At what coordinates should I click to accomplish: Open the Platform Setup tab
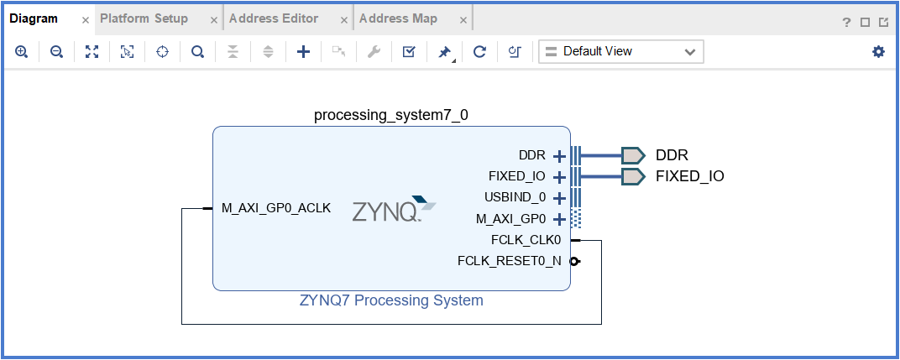click(144, 18)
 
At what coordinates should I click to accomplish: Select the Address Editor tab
click(273, 18)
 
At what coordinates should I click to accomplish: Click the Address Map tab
click(398, 18)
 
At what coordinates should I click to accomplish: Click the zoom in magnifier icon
click(22, 52)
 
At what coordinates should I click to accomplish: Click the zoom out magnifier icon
click(56, 52)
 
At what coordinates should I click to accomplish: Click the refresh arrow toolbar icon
click(479, 52)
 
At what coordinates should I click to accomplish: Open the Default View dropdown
click(620, 52)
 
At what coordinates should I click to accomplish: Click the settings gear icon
click(878, 52)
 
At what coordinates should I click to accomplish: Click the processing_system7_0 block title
click(390, 115)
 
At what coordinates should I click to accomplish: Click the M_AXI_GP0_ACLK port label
click(276, 208)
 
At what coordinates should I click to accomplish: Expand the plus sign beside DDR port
click(559, 156)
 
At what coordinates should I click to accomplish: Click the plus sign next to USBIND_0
click(559, 199)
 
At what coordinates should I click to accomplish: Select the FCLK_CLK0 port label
click(526, 240)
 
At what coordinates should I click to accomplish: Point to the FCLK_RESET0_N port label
click(510, 261)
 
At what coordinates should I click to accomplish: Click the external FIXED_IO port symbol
click(633, 176)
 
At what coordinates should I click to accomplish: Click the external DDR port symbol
click(633, 155)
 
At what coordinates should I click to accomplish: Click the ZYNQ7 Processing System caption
click(391, 300)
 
